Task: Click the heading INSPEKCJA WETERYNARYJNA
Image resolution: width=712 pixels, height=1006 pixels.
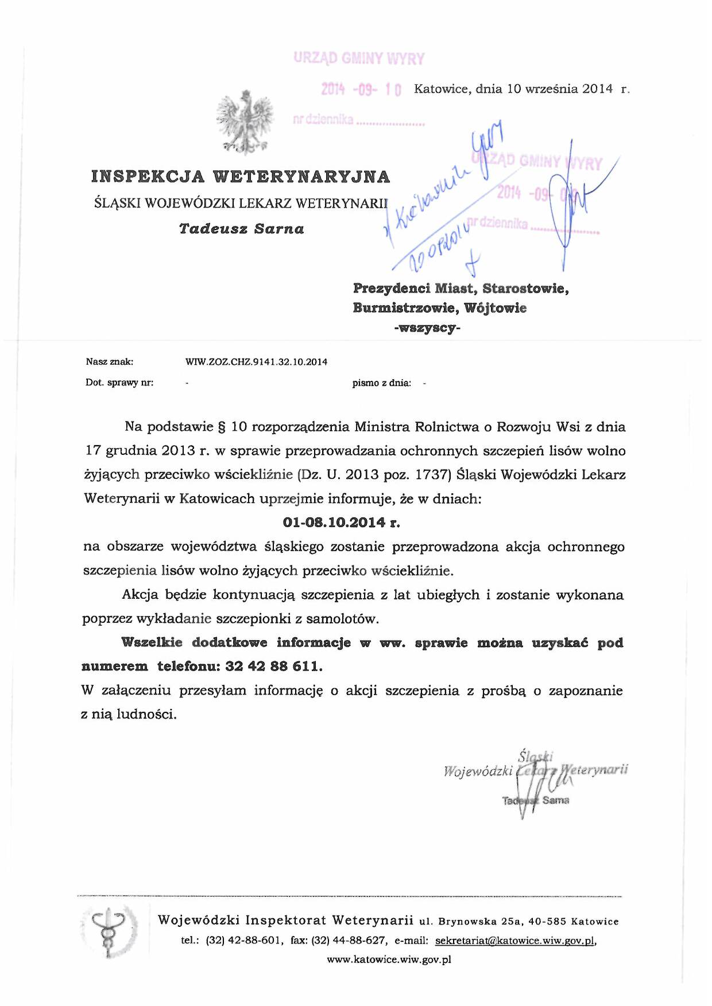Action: [241, 177]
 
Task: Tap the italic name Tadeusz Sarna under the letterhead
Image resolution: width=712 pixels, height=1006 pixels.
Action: [241, 229]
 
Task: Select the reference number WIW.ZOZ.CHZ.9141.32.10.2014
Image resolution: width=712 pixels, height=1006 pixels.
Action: [256, 362]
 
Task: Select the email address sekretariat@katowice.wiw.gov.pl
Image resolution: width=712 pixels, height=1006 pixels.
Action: [515, 941]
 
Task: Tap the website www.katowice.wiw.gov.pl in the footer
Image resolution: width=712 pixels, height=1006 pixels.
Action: [389, 960]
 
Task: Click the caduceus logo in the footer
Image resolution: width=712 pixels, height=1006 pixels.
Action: [109, 930]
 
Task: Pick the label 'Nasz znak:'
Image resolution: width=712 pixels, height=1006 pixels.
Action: [110, 362]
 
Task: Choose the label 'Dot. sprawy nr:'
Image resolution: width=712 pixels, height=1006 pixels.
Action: [119, 383]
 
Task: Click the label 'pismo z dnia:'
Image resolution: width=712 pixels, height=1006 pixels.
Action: [381, 383]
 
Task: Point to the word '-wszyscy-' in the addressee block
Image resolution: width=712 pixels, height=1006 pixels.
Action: [427, 328]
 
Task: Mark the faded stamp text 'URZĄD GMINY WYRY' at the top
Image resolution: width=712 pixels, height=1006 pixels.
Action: [359, 59]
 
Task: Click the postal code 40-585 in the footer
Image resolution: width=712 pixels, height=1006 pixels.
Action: [547, 922]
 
